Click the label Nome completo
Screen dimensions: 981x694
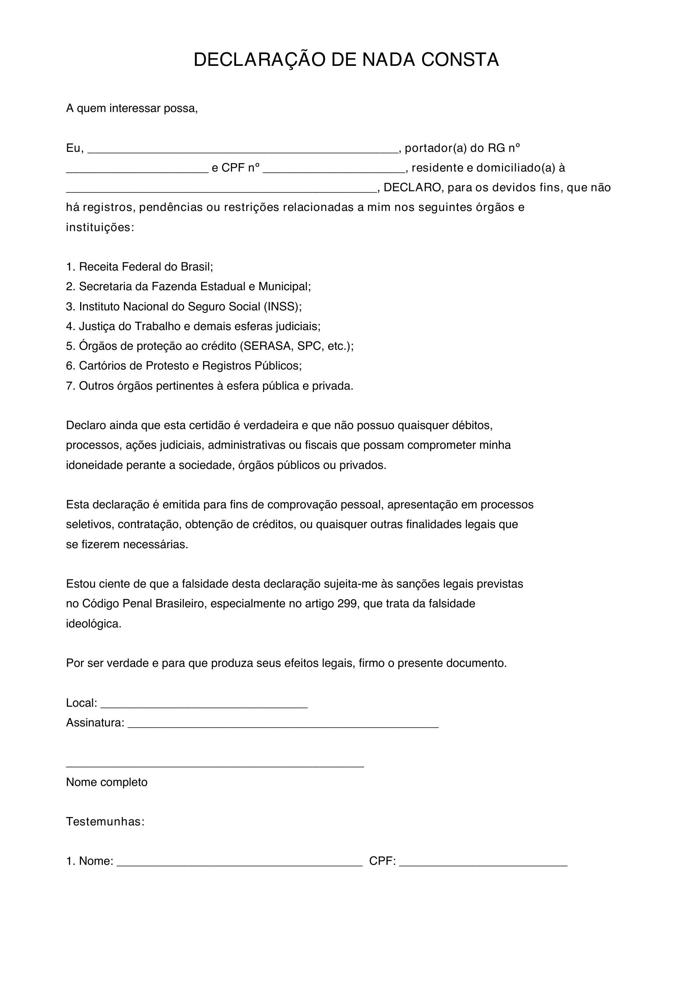click(107, 782)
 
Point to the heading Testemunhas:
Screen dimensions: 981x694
click(105, 822)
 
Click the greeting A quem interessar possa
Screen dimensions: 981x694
click(132, 109)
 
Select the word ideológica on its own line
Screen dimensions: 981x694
click(94, 624)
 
